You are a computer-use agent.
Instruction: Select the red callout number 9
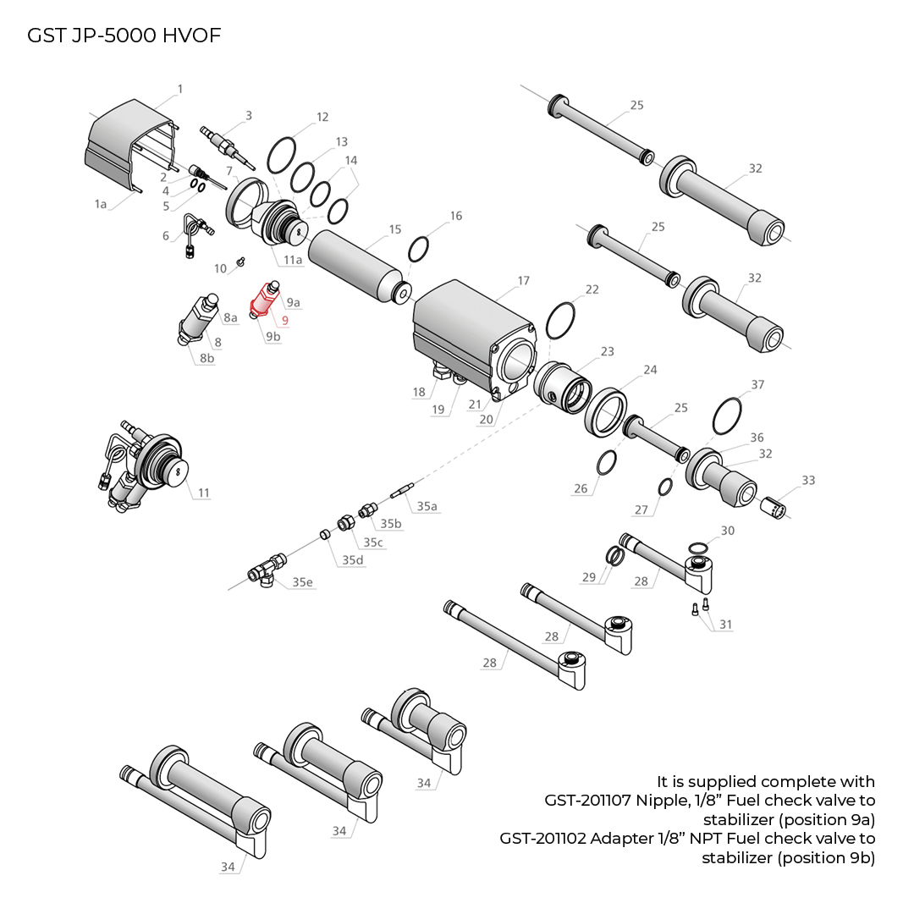[x=285, y=321]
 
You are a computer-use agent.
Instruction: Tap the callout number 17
[x=523, y=281]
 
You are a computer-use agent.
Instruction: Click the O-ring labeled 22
[x=561, y=320]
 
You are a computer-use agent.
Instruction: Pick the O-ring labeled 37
[x=727, y=416]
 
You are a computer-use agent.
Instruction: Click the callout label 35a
[x=427, y=506]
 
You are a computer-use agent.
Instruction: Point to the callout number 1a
[x=101, y=204]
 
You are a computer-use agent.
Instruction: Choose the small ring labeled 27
[x=665, y=487]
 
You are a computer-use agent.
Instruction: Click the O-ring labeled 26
[x=606, y=463]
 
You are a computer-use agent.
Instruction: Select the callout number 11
[x=203, y=493]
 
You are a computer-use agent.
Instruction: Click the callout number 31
[x=726, y=625]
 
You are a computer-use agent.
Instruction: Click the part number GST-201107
[x=586, y=800]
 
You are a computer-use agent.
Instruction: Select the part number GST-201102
[x=542, y=839]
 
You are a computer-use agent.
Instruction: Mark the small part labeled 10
[x=240, y=261]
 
